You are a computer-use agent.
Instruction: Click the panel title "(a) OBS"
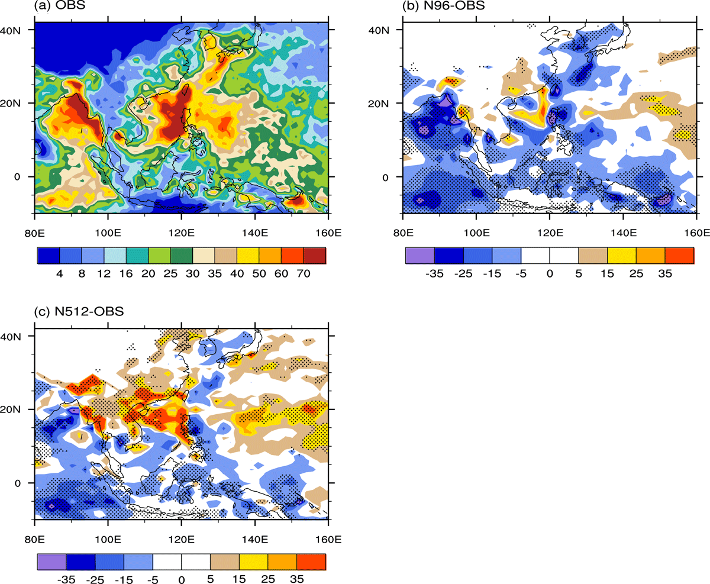60,5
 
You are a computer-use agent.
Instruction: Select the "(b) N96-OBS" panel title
443,5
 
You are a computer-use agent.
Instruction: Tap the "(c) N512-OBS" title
79,311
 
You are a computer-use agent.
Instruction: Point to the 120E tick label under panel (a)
182,233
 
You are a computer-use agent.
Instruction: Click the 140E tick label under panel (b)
624,233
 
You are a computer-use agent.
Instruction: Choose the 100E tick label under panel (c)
108,539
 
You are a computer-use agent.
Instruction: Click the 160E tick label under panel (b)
697,233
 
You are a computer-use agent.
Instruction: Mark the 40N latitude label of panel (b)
379,30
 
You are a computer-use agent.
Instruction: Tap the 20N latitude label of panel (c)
11,409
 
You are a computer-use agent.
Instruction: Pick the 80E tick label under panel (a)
35,233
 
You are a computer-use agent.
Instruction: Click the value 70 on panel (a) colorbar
304,273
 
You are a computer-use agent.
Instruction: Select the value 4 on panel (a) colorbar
60,273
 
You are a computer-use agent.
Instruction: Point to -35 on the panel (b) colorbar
434,273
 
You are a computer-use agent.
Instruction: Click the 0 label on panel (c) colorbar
182,579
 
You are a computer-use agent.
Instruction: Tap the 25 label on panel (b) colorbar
636,273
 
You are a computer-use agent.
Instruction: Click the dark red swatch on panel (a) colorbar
314,256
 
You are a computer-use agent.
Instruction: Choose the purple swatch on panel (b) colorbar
420,256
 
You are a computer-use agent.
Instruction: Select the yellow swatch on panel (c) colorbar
253,562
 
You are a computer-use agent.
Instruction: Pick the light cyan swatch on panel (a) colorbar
115,256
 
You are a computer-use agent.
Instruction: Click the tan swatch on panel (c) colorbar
225,562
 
